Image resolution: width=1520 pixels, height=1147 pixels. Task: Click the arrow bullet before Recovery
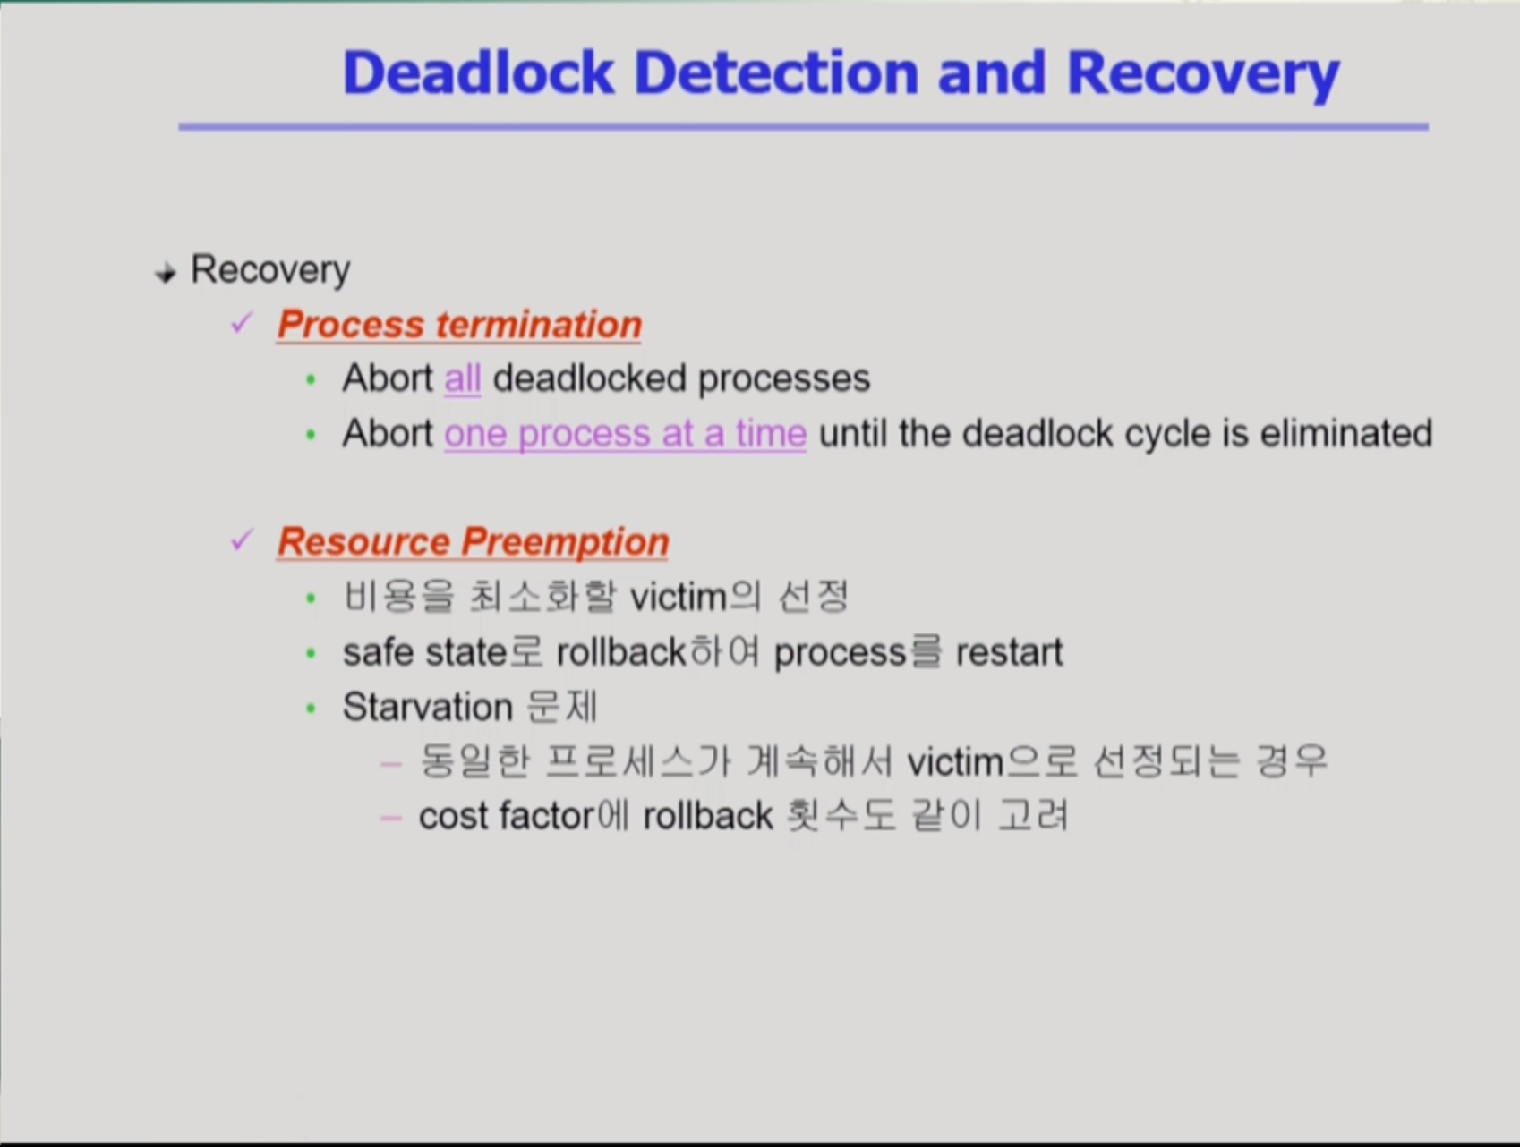point(165,273)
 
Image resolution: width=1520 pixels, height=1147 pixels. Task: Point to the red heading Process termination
point(459,325)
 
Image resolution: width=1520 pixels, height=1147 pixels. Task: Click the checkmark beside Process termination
point(242,322)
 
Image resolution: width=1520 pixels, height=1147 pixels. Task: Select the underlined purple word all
point(463,379)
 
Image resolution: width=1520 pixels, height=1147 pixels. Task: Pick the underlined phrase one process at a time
point(626,435)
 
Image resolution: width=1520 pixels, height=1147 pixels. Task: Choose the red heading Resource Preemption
point(473,542)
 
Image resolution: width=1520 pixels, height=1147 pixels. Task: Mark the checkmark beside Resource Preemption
point(242,540)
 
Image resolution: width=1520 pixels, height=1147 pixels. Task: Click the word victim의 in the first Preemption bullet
point(696,597)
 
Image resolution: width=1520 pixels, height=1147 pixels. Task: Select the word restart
point(1009,652)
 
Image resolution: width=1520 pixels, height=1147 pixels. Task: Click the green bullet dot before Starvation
point(311,709)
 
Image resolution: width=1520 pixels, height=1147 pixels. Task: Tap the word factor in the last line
point(547,816)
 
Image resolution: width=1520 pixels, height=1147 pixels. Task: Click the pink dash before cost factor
point(390,818)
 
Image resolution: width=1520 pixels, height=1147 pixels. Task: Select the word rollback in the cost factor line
point(707,816)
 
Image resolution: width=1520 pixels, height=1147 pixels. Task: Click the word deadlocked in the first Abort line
point(590,378)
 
